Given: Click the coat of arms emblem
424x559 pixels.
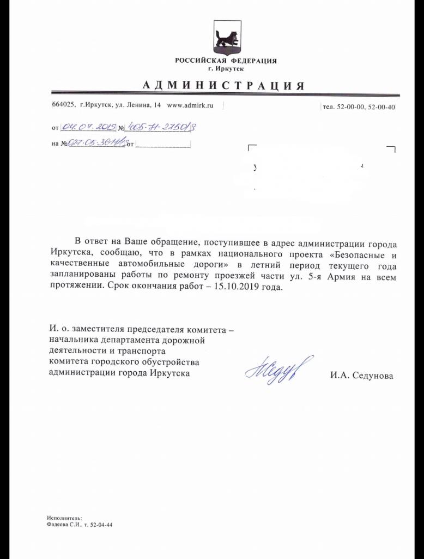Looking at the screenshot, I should click(226, 38).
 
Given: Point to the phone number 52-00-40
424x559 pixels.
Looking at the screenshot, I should click(382, 108).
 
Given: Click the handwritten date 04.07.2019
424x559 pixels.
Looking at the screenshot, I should click(87, 127).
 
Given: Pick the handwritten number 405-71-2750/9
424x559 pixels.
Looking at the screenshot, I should click(161, 127).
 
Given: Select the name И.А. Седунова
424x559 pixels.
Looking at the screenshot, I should click(361, 376).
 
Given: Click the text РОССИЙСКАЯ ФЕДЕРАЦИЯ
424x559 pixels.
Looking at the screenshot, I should click(226, 61).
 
